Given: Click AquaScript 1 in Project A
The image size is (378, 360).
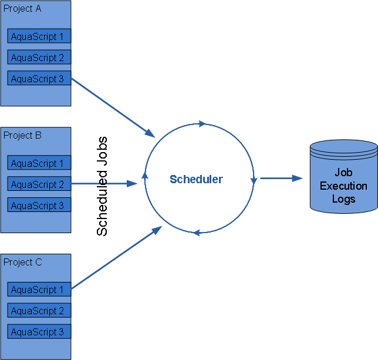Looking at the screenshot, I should (x=39, y=36).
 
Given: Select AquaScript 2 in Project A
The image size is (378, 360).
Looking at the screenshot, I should (x=39, y=58).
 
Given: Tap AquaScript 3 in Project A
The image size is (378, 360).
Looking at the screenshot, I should (x=39, y=79).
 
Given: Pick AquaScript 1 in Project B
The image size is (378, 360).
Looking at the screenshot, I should (x=39, y=163).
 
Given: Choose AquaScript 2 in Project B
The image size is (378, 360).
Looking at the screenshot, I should (x=39, y=184).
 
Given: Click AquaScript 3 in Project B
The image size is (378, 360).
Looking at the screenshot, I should (x=39, y=206).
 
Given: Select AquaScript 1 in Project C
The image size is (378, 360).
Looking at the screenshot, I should (x=39, y=290).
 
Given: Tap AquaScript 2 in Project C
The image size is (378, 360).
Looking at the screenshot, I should (x=39, y=311).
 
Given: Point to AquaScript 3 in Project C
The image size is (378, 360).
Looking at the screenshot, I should (x=39, y=332).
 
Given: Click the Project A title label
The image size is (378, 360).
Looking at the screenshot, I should (x=22, y=9).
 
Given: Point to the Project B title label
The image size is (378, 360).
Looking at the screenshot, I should (x=22, y=135).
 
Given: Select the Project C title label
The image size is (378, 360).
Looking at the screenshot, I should (x=22, y=262).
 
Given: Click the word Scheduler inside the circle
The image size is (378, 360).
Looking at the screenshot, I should (x=196, y=179).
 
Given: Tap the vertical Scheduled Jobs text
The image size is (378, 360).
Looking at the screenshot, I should (x=102, y=186).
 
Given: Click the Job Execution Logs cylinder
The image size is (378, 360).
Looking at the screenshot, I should (x=343, y=176).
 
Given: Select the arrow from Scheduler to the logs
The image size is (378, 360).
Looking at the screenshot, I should (x=281, y=177).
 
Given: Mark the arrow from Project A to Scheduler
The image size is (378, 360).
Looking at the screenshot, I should (x=112, y=105).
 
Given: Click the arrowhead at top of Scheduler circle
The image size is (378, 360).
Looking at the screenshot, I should (x=203, y=124).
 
